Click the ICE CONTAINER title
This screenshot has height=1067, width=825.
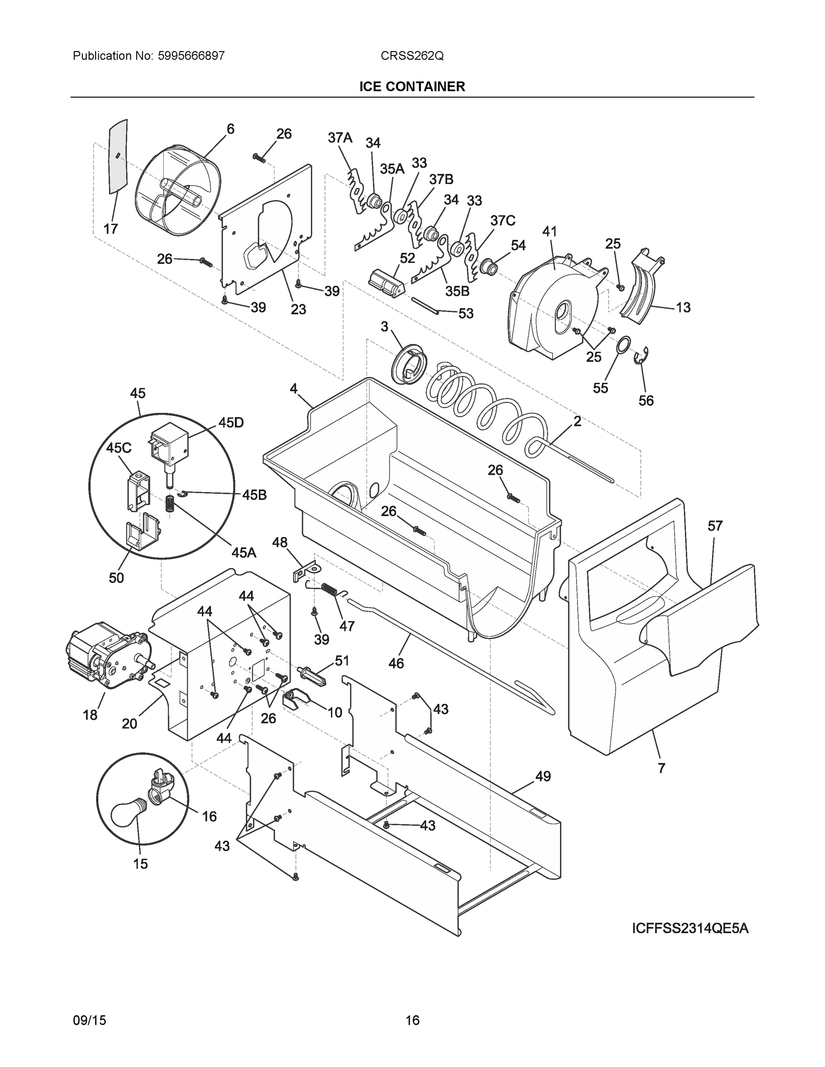[x=412, y=87]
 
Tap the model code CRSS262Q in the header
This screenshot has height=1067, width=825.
[x=412, y=56]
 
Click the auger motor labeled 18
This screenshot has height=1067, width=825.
[x=105, y=655]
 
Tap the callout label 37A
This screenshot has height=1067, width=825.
[x=340, y=138]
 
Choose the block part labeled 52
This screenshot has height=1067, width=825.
[x=386, y=282]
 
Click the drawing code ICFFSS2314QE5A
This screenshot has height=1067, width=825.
[x=690, y=928]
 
